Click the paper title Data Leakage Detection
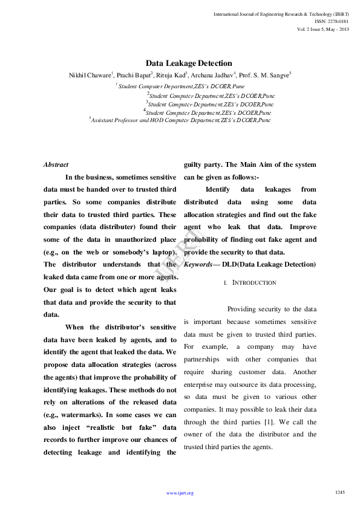(188, 63)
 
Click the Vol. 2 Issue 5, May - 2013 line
(323, 29)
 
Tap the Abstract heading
(56, 164)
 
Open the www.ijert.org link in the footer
(180, 493)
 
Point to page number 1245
(340, 492)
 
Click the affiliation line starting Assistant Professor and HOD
(181, 120)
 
